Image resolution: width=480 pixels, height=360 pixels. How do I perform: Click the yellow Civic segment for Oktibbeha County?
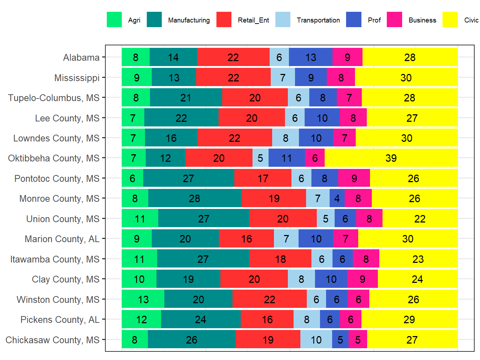tap(391, 158)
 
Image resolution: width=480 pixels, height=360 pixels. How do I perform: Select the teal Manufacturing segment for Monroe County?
tap(195, 199)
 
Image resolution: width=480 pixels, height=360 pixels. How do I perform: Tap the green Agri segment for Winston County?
tap(143, 299)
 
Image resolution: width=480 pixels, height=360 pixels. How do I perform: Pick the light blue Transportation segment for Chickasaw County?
tap(316, 340)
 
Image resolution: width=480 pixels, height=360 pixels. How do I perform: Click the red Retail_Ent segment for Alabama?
tap(233, 57)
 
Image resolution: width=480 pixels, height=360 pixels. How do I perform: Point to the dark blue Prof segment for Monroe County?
tap(337, 199)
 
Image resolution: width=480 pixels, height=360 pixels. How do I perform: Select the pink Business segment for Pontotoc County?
tap(354, 178)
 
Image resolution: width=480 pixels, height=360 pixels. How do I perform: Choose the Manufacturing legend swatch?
tap(154, 20)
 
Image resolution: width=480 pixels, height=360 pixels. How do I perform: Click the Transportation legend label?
tap(318, 20)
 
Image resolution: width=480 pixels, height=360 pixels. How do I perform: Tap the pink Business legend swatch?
tap(394, 20)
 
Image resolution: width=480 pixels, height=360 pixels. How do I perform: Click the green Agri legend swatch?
tap(114, 20)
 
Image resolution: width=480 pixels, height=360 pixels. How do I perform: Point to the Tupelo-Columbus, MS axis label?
tap(54, 98)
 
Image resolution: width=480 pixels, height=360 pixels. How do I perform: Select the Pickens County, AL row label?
tap(60, 320)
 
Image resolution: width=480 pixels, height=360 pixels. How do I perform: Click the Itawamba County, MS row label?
tap(55, 259)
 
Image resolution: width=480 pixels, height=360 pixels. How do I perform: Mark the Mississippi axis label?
tap(77, 78)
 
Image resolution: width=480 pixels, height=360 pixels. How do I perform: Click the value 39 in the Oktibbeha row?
tap(391, 158)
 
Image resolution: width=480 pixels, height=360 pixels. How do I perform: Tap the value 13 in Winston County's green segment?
tap(143, 299)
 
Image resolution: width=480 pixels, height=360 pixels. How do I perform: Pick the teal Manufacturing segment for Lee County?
tap(181, 118)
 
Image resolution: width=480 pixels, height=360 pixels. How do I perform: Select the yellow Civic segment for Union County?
tap(420, 219)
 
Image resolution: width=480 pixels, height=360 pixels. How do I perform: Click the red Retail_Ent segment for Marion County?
tap(246, 239)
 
